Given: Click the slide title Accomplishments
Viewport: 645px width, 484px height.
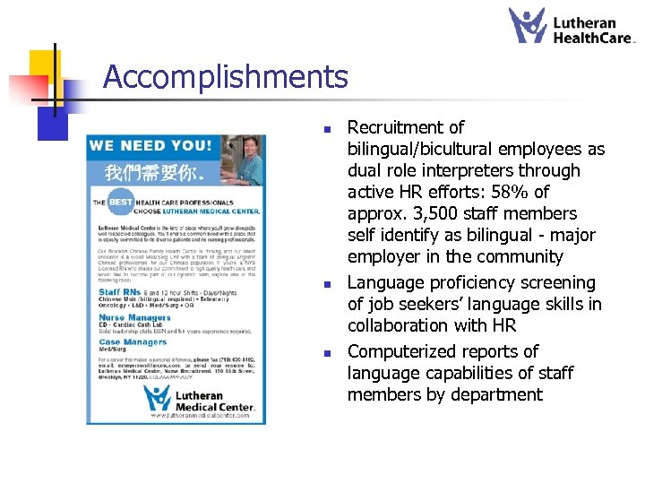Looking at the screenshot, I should (225, 77).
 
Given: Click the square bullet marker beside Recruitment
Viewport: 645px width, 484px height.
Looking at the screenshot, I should (330, 128).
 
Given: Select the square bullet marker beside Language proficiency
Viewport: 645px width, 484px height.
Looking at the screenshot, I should (330, 283).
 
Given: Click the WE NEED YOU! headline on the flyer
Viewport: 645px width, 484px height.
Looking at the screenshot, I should (150, 145).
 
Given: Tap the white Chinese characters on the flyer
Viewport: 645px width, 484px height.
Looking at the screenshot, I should (149, 170).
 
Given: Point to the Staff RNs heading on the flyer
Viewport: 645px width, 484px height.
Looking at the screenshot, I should (120, 291).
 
